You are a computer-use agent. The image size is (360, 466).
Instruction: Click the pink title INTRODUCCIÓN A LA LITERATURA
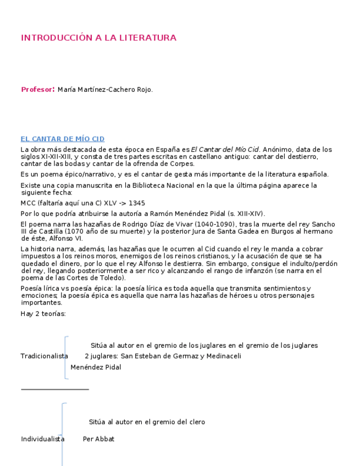pyautogui.click(x=98, y=38)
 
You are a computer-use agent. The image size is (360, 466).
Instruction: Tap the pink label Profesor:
pyautogui.click(x=38, y=90)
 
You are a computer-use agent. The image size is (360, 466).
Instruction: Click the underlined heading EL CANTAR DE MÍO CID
pyautogui.click(x=63, y=139)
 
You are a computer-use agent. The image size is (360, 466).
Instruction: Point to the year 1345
pyautogui.click(x=137, y=203)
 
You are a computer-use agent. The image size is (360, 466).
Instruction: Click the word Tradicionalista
pyautogui.click(x=44, y=356)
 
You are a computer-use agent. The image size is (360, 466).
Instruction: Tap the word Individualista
pyautogui.click(x=42, y=439)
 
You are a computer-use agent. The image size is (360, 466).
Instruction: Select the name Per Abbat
pyautogui.click(x=98, y=439)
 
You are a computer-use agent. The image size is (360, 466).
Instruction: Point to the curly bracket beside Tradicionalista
pyautogui.click(x=66, y=357)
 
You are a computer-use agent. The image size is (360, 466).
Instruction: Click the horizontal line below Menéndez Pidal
pyautogui.click(x=55, y=389)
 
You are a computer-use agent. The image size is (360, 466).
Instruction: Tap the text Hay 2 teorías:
pyautogui.click(x=43, y=314)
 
